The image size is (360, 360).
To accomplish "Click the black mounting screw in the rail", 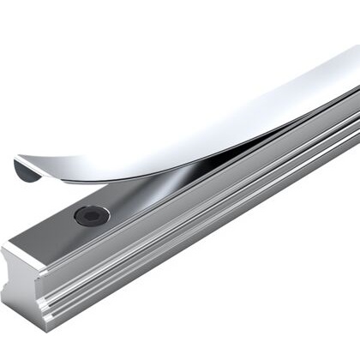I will click(x=92, y=215).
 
